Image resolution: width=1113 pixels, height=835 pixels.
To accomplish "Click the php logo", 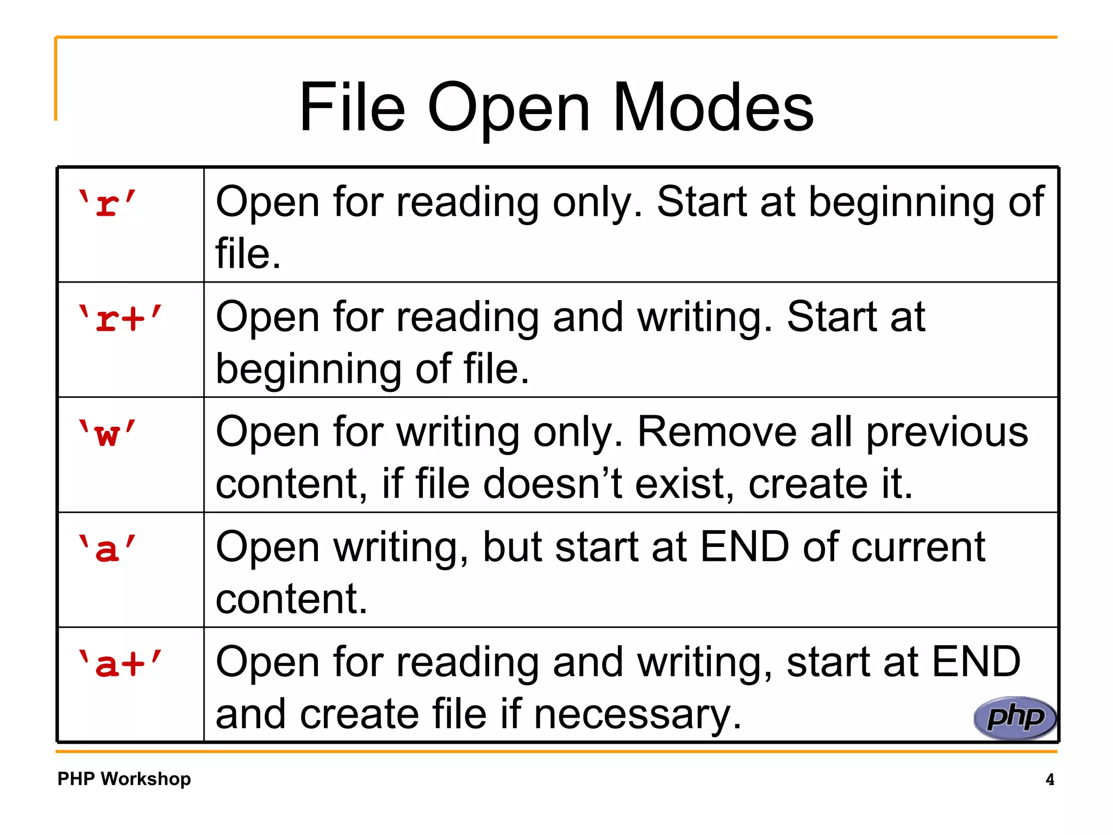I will (1015, 718).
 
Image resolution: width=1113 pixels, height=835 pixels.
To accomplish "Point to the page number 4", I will (1049, 780).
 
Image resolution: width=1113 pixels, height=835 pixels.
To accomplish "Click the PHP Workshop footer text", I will (124, 779).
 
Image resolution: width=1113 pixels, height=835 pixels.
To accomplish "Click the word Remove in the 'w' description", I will (717, 432).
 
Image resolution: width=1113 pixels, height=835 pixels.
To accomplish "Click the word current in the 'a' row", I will (918, 547).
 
